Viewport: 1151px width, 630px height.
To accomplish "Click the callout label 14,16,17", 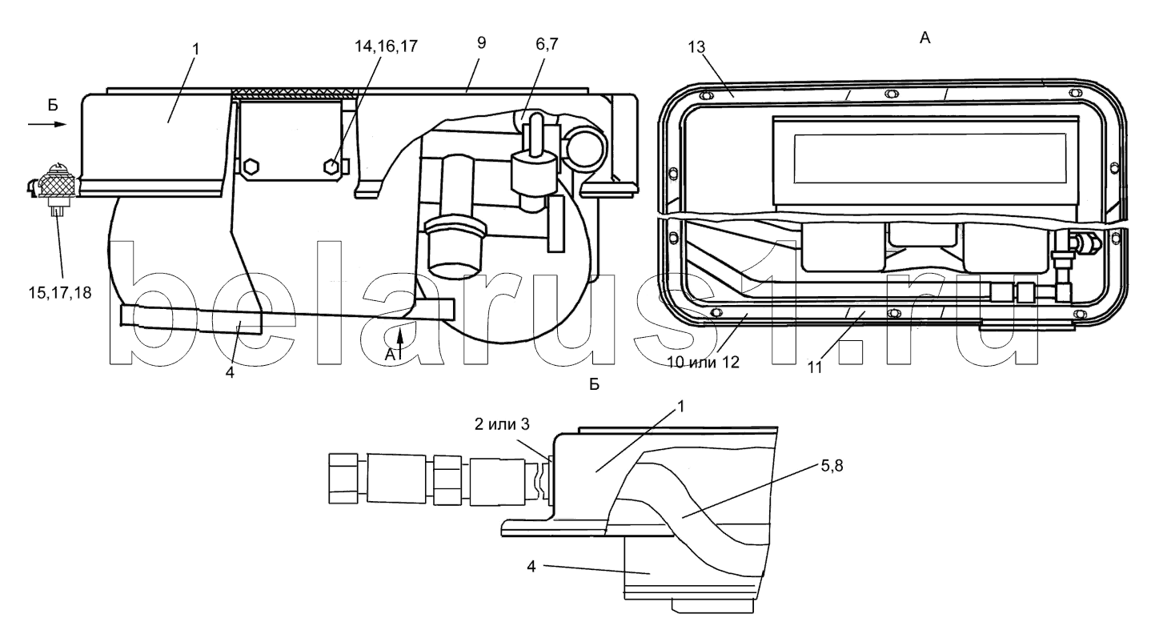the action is point(386,46).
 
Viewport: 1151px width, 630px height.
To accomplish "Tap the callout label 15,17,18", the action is point(60,293).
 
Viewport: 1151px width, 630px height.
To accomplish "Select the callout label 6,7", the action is point(547,44).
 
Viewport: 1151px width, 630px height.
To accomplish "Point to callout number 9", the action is point(481,42).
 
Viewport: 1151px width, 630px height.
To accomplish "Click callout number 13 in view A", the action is point(697,47).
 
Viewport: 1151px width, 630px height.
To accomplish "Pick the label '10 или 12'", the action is point(704,363).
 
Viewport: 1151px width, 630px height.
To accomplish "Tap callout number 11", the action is point(815,367).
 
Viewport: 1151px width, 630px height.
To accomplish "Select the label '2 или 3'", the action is point(502,424).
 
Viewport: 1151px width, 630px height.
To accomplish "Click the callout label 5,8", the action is point(832,466).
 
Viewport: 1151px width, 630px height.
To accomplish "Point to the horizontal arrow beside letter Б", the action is point(47,124).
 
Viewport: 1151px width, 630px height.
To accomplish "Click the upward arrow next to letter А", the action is point(401,336).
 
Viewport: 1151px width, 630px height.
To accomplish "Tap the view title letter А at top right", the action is point(925,38).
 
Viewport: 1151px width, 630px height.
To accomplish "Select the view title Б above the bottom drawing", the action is point(595,384).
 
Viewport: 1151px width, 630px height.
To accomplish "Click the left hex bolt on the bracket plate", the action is point(251,167).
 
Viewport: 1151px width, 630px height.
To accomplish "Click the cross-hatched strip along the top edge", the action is point(294,94).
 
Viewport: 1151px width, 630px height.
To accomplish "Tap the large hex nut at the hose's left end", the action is point(343,479).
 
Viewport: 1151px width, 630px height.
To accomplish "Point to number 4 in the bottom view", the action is point(531,567).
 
